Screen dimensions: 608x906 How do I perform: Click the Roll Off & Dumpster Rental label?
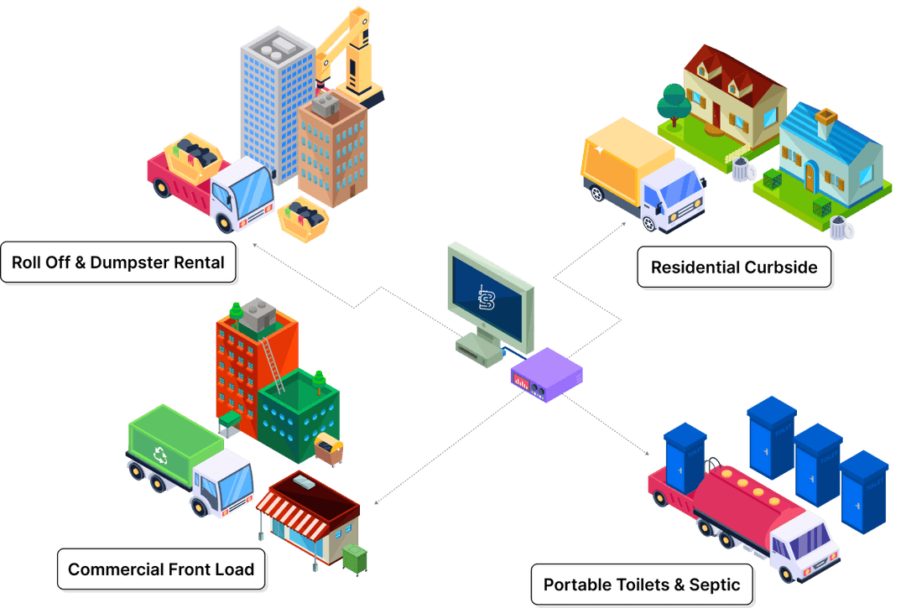[118, 262]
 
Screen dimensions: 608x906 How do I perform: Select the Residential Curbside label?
[734, 268]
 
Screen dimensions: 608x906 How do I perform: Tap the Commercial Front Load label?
[161, 569]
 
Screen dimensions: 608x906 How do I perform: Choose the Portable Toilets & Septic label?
[642, 585]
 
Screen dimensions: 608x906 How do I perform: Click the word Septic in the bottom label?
[714, 585]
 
